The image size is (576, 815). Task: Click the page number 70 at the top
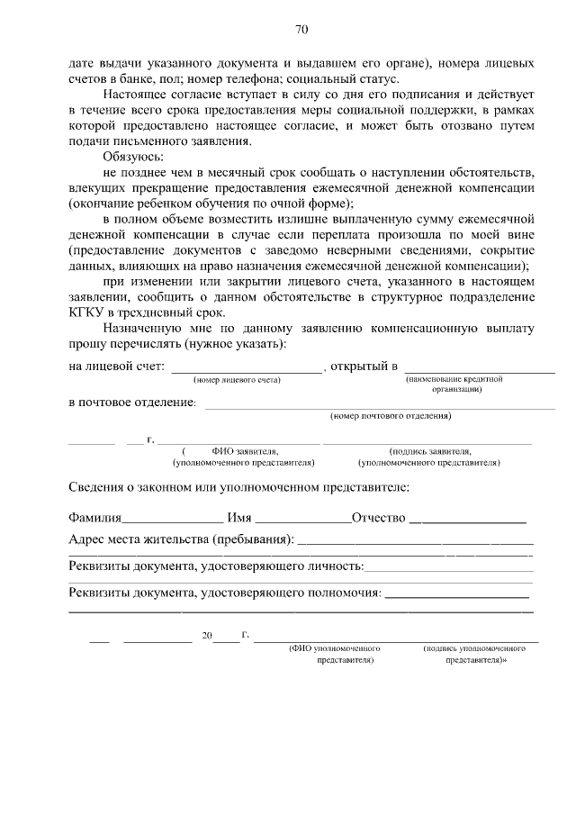(x=301, y=29)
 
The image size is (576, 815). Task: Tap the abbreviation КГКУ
(x=87, y=312)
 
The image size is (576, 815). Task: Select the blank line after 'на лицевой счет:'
(x=246, y=370)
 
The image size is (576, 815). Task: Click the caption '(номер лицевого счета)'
(x=238, y=380)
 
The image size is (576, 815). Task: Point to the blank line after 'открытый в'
(x=479, y=370)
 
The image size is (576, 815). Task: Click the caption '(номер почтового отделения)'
(x=391, y=417)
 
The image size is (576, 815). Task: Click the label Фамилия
(x=94, y=519)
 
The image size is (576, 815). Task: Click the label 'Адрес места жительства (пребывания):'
(x=181, y=540)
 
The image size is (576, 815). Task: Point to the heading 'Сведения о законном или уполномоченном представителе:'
(x=238, y=488)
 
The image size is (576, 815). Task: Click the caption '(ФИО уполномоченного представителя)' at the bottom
(x=332, y=654)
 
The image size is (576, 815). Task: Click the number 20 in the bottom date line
(x=207, y=636)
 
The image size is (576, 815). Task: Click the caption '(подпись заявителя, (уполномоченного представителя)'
(x=429, y=457)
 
